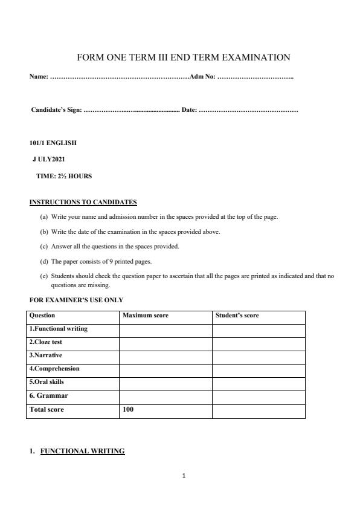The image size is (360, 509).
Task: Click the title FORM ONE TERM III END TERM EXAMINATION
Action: coord(184,57)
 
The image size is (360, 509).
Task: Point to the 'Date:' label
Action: coord(189,110)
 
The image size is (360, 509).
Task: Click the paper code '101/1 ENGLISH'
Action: coord(53,143)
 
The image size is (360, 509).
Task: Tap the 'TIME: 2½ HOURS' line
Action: coord(64,177)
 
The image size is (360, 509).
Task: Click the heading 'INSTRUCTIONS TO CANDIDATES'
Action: coord(83,203)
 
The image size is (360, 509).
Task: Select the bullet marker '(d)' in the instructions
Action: coord(44,262)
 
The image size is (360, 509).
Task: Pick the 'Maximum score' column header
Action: coord(146,316)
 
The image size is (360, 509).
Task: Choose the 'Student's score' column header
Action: coord(237,316)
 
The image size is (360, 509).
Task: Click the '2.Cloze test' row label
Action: coord(46,342)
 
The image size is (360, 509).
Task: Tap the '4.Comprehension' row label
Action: coord(54,368)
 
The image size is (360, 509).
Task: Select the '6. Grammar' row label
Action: coord(49,395)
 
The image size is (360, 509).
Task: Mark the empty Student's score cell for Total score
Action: coord(259,411)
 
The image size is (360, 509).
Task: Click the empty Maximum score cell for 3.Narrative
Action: coord(166,356)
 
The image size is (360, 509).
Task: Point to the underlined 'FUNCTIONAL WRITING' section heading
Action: coord(83,451)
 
